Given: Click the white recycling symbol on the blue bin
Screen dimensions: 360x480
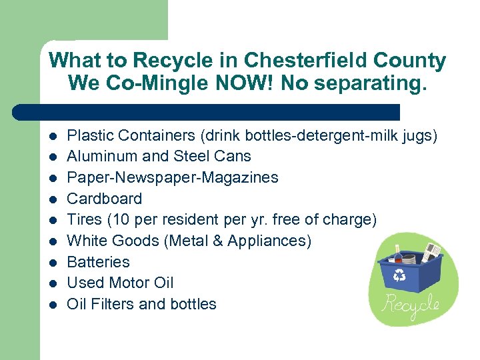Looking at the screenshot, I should pyautogui.click(x=400, y=274).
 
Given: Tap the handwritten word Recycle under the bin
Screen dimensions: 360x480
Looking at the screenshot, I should pyautogui.click(x=410, y=305).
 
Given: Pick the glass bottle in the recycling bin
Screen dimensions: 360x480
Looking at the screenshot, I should pyautogui.click(x=398, y=255).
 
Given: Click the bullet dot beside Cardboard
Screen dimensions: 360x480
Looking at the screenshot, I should pyautogui.click(x=52, y=199).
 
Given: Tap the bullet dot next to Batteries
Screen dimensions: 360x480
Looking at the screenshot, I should pyautogui.click(x=52, y=262).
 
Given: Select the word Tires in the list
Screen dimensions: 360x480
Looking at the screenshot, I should pyautogui.click(x=83, y=219).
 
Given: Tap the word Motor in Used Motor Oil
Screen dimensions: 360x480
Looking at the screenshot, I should pyautogui.click(x=130, y=283).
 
